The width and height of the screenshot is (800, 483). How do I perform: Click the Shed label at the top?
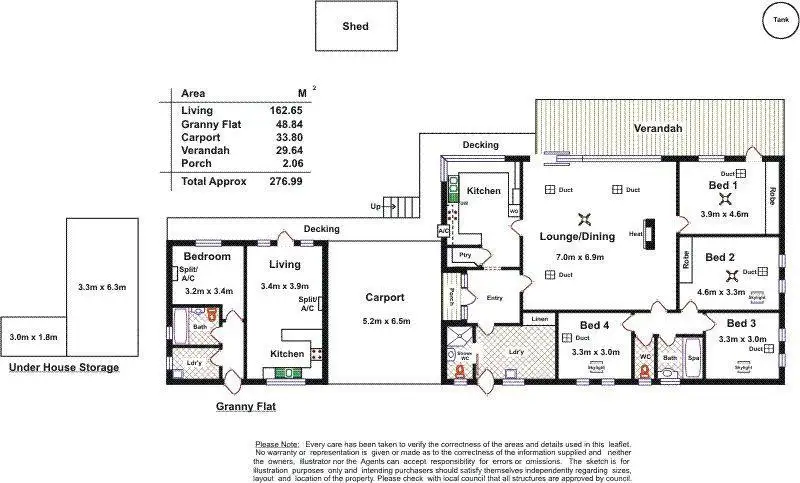click(355, 26)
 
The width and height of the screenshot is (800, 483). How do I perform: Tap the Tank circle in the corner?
click(778, 18)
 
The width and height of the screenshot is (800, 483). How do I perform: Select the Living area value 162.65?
click(286, 110)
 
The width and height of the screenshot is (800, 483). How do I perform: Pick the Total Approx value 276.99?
click(283, 182)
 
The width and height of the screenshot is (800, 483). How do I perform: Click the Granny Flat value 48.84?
click(288, 124)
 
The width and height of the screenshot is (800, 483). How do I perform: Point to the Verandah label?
click(658, 129)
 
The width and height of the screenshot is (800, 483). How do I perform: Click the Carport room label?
click(384, 297)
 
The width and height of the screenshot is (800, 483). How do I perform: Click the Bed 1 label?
click(723, 185)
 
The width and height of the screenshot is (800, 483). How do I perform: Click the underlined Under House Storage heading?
click(64, 368)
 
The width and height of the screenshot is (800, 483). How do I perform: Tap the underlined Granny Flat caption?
click(246, 407)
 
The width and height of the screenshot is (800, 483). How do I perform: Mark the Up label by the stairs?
click(375, 207)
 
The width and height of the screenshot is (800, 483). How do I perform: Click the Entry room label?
click(494, 297)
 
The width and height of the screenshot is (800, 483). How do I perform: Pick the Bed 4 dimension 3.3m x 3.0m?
click(595, 352)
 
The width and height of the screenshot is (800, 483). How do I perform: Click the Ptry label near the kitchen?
click(465, 255)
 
